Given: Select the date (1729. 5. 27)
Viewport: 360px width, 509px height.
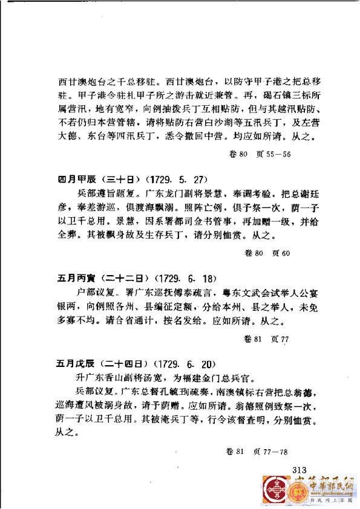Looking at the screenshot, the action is [x=175, y=180].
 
